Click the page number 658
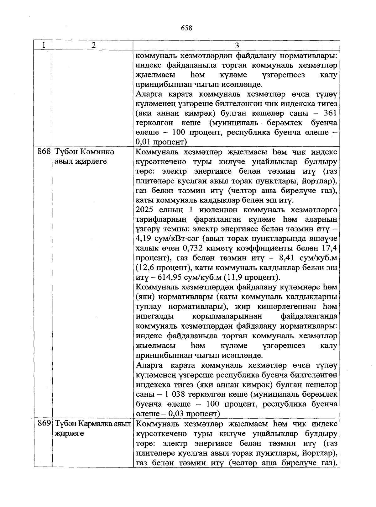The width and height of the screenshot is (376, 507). (x=186, y=28)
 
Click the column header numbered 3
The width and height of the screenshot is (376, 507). (x=237, y=45)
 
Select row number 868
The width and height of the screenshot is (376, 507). (x=44, y=152)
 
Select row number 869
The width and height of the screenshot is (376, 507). (x=44, y=424)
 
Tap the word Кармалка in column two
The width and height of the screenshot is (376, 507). (x=96, y=424)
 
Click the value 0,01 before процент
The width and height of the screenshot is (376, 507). (x=144, y=142)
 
